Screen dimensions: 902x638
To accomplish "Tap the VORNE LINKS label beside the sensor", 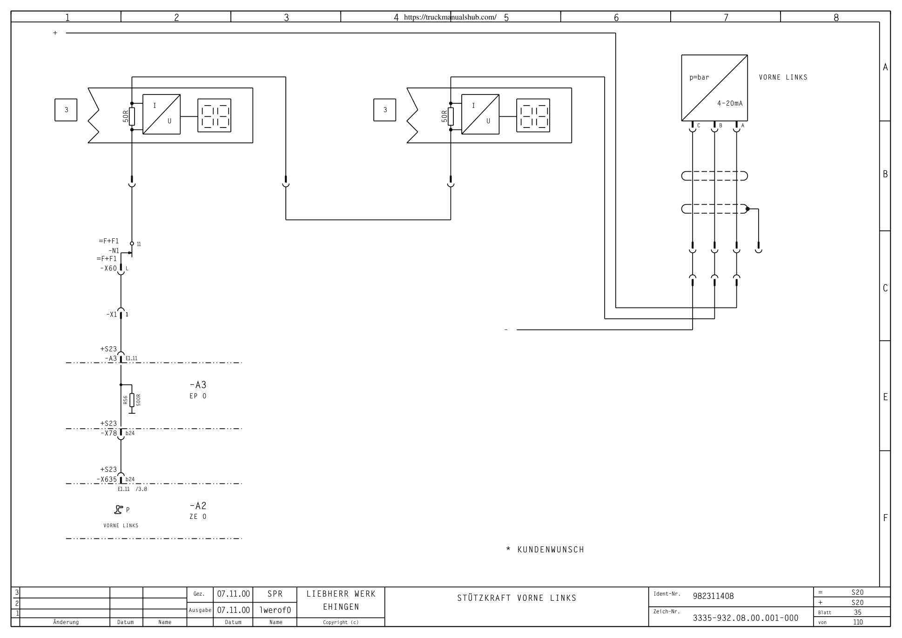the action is (783, 77).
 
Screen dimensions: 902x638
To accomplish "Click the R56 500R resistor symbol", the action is (132, 400).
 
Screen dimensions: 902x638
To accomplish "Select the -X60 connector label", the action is (108, 269).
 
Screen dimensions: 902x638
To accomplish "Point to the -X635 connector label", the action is (107, 480).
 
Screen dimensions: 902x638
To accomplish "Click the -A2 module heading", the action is (198, 506).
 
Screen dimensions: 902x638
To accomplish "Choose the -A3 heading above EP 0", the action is (198, 385).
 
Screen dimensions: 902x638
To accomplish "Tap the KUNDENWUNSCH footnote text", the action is (551, 550).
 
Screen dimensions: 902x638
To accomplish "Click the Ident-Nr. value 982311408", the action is (713, 596).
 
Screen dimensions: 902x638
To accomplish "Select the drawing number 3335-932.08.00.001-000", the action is (745, 618).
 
